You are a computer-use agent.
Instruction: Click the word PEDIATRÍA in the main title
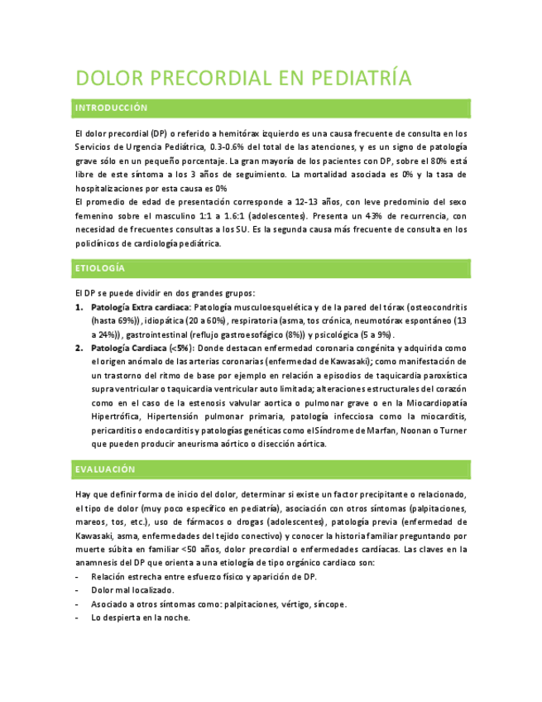click(361, 79)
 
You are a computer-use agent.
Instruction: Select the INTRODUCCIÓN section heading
click(111, 108)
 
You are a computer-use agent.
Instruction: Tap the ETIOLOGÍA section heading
click(100, 269)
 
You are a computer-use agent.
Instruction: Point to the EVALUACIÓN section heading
click(104, 469)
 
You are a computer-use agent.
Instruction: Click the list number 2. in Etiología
click(79, 349)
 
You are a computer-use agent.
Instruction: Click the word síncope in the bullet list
click(329, 603)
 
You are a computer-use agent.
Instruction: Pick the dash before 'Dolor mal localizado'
click(77, 590)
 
